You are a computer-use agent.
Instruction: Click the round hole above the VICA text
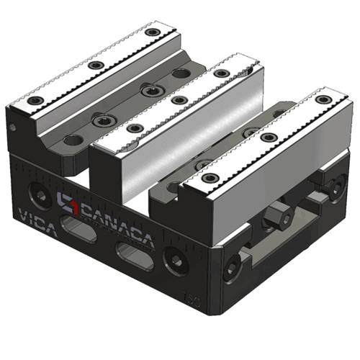34,191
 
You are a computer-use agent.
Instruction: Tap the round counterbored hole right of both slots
174,260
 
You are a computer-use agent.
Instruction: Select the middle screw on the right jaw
269,138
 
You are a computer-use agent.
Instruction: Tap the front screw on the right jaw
210,178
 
